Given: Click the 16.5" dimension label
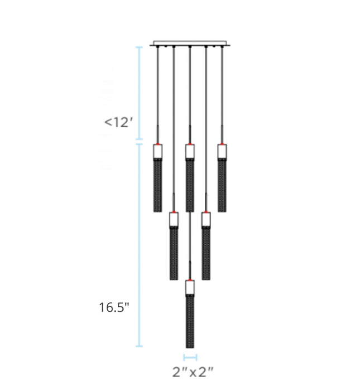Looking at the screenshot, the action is point(114,307).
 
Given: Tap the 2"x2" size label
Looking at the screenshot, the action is point(193,372).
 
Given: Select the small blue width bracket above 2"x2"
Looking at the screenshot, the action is point(190,358).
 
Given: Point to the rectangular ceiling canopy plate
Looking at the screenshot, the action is point(190,44).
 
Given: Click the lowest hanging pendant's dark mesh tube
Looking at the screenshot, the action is point(190,321).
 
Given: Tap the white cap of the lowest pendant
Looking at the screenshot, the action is point(190,288).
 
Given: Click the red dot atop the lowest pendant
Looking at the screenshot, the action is point(190,280).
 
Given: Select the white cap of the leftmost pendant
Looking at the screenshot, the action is point(157,152).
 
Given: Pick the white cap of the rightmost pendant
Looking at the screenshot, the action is point(222,152).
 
